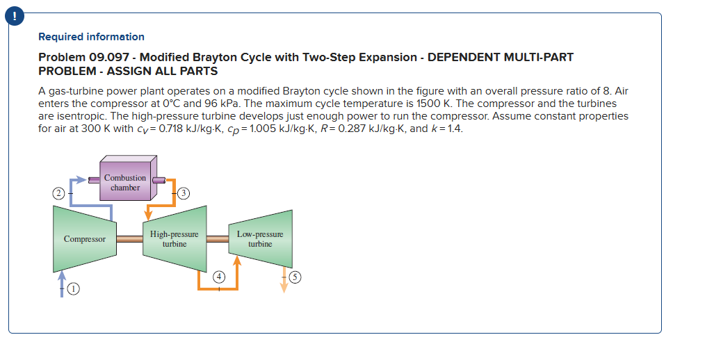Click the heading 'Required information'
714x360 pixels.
click(x=91, y=37)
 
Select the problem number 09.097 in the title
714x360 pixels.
click(x=111, y=57)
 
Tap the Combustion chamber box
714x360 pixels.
click(x=125, y=182)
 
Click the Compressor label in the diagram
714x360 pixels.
click(x=85, y=239)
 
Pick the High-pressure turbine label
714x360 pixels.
click(x=174, y=239)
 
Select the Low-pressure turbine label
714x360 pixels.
click(x=260, y=239)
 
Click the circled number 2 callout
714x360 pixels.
click(x=60, y=193)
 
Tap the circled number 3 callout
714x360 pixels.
click(x=184, y=193)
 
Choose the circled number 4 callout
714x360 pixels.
click(x=219, y=276)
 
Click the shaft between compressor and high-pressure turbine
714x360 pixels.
click(x=129, y=239)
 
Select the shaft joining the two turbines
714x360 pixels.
click(x=218, y=239)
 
